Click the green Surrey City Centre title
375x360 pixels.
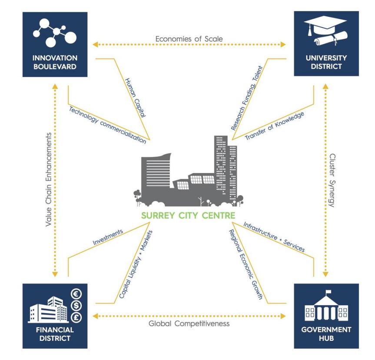tap(187, 215)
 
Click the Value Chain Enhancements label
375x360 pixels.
tap(49, 179)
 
